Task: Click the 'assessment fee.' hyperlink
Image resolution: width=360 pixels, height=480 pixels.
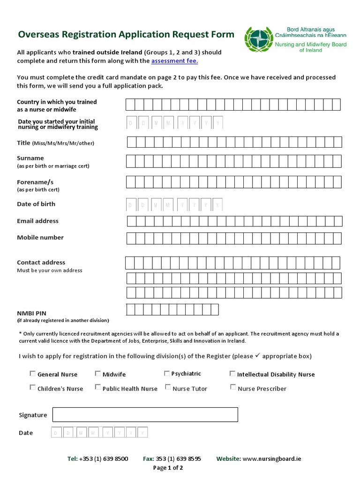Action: [x=174, y=61]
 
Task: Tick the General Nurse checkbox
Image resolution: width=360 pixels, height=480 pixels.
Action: [x=32, y=374]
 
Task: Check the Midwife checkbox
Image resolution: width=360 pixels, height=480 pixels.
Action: [x=97, y=374]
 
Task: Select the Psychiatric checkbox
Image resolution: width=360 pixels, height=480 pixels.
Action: [x=167, y=374]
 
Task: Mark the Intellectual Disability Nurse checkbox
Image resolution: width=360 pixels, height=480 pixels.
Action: [x=232, y=374]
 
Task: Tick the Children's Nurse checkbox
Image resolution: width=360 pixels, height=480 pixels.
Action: [x=32, y=387]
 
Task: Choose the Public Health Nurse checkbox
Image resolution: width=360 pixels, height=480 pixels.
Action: [x=97, y=387]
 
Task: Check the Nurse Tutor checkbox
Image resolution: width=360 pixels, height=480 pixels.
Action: [x=168, y=387]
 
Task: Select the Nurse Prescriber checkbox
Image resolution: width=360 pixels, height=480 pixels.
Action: [x=233, y=387]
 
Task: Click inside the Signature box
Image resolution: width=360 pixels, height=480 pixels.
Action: [x=145, y=415]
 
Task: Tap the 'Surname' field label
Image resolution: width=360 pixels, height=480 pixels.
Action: [x=30, y=158]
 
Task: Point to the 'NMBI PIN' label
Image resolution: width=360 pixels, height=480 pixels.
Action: [x=32, y=313]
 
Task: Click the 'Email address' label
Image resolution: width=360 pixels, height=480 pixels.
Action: [x=38, y=221]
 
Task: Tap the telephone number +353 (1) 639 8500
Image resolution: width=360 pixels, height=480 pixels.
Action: [x=104, y=459]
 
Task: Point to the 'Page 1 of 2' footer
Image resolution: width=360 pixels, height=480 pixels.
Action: [x=168, y=468]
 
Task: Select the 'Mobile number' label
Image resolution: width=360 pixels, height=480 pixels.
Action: [x=40, y=238]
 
